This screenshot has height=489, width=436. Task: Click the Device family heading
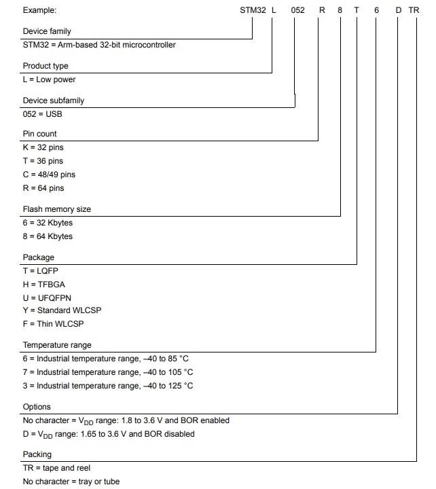point(47,31)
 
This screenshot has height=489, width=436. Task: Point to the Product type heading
point(46,66)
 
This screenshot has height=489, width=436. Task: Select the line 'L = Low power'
point(50,79)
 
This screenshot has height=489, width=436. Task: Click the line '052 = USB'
point(43,114)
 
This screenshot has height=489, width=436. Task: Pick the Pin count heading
point(40,134)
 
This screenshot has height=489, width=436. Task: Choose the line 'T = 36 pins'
point(43,161)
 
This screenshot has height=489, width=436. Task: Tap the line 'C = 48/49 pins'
point(49,175)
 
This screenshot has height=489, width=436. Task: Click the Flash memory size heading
point(57,209)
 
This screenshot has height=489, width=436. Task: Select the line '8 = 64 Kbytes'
point(48,236)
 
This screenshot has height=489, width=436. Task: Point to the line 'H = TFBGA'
point(44,285)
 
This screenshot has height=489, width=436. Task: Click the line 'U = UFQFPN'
point(48,297)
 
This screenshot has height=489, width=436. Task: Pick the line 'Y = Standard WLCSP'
point(62,310)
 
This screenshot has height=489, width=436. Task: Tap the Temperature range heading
point(57,345)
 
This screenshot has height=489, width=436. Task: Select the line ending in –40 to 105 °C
point(108,372)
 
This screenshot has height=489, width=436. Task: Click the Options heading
point(37,407)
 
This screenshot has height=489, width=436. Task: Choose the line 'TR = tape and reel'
point(56,468)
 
